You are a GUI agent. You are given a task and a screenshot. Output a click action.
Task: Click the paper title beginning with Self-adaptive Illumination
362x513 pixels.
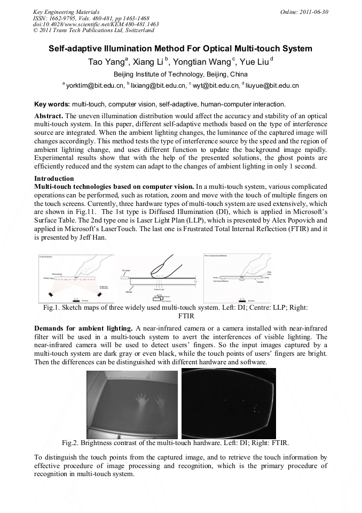click(x=180, y=49)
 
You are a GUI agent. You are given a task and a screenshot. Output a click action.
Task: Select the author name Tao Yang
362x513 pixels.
click(x=106, y=62)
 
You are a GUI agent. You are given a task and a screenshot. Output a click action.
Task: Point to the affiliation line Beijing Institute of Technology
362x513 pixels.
click(x=180, y=74)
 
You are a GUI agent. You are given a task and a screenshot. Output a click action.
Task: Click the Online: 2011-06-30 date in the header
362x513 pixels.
click(x=304, y=11)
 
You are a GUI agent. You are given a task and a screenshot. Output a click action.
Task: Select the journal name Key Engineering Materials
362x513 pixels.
click(x=66, y=11)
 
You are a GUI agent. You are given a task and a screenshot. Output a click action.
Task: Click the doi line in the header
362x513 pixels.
click(x=96, y=24)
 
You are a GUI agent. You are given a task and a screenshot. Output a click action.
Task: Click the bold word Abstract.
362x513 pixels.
click(x=49, y=116)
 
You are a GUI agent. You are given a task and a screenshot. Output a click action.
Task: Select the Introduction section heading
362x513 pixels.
click(x=54, y=178)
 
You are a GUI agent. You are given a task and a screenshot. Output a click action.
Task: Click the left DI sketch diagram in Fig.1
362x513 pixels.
click(x=73, y=278)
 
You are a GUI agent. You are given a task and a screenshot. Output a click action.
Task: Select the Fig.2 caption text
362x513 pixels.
click(x=175, y=443)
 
